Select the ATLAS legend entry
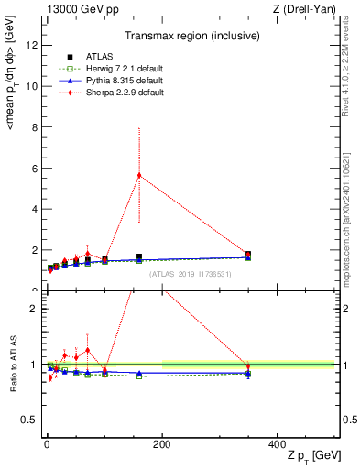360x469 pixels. pyautogui.click(x=92, y=56)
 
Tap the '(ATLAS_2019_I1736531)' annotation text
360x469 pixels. pyautogui.click(x=191, y=273)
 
